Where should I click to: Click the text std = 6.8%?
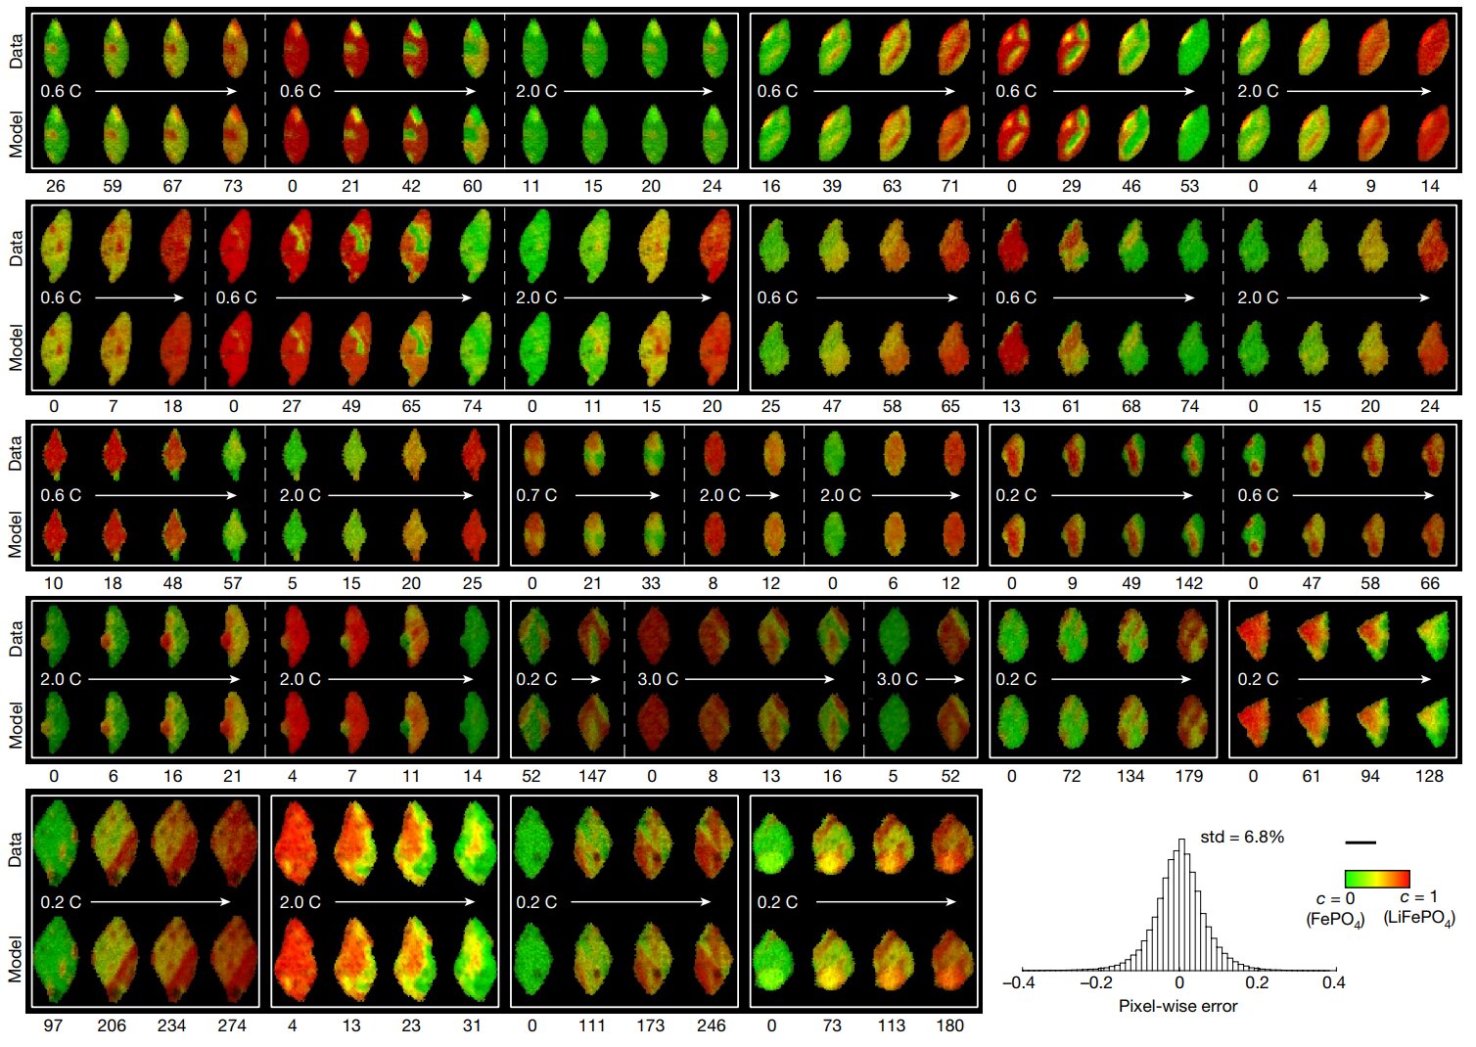(1242, 837)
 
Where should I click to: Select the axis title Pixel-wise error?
(1177, 1006)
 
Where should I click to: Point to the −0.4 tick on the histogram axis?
(1019, 982)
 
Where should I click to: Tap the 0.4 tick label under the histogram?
(1333, 982)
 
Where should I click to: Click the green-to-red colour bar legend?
(1377, 879)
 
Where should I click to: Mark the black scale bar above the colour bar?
(1361, 842)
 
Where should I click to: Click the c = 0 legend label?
(1335, 898)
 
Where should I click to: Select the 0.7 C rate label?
(536, 495)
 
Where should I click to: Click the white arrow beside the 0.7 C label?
(618, 495)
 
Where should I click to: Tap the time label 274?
(232, 1025)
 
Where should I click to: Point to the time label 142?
(1189, 583)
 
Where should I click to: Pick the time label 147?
(592, 776)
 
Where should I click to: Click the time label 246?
(712, 1025)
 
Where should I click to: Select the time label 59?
(113, 186)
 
